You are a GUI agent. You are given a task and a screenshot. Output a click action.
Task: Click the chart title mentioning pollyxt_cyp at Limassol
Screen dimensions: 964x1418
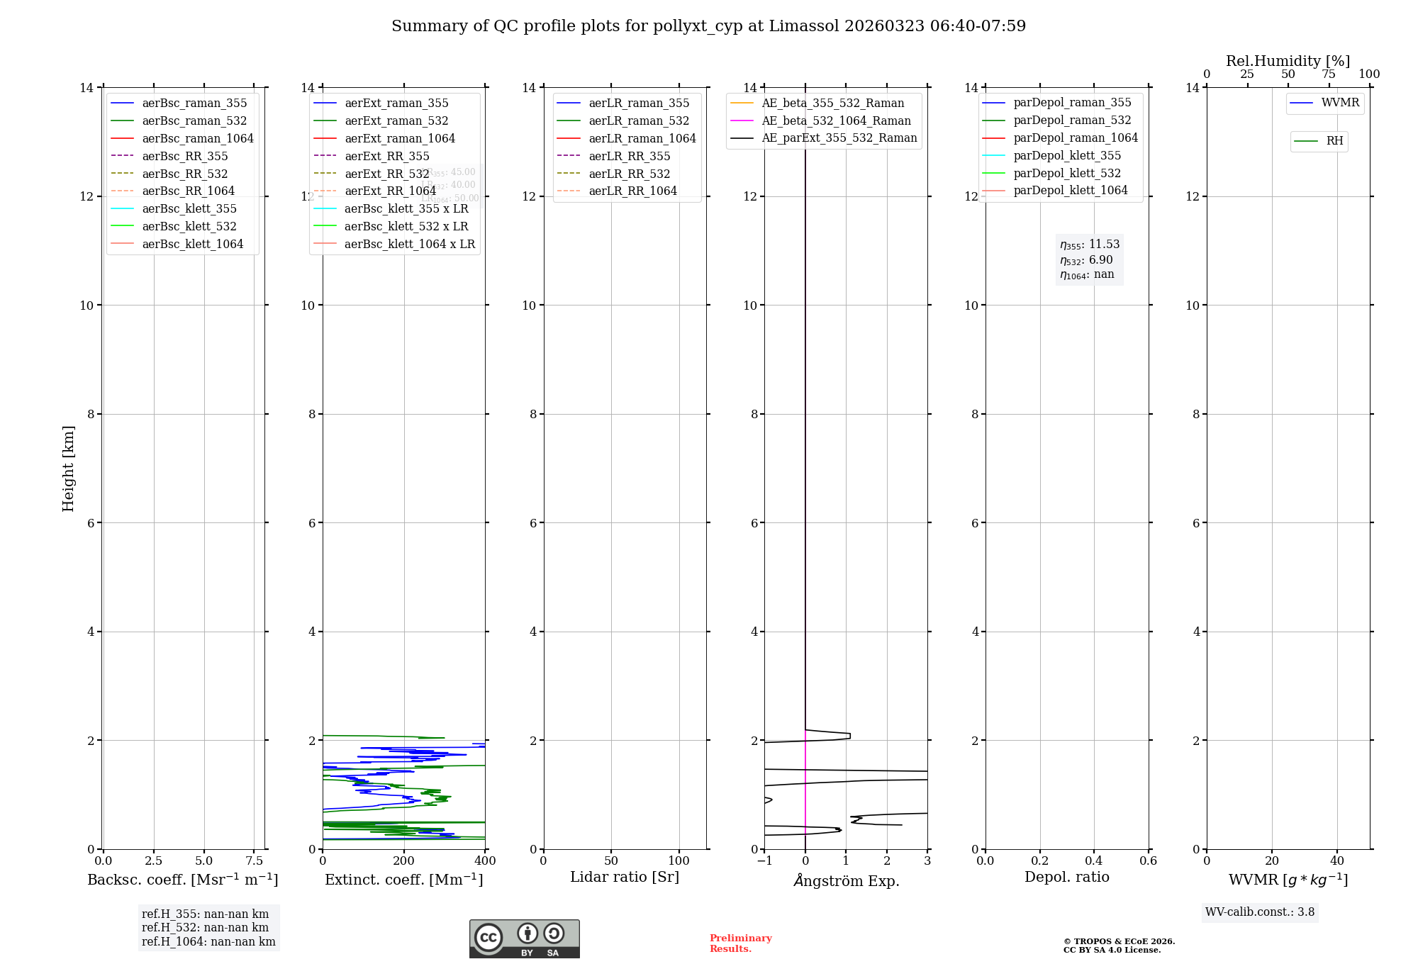pos(708,26)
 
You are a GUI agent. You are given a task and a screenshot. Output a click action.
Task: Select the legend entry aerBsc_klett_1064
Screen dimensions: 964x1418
pos(192,244)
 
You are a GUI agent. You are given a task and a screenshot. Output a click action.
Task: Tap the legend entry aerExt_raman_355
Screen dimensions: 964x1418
pos(396,103)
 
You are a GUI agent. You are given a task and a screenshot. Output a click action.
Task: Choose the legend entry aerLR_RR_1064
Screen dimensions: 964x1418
pos(632,191)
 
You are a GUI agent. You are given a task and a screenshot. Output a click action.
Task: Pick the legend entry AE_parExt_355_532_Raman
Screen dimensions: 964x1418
pos(839,138)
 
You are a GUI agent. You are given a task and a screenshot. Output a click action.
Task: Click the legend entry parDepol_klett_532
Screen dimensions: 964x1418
pos(1067,173)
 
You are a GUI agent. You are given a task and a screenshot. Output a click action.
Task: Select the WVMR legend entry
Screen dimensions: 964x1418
pos(1340,103)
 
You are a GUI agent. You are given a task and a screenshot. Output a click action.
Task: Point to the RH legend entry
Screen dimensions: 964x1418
pos(1334,141)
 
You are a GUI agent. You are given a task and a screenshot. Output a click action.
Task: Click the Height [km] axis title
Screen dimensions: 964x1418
pos(68,468)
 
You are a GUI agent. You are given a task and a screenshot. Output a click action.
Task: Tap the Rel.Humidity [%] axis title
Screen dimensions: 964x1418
pos(1288,61)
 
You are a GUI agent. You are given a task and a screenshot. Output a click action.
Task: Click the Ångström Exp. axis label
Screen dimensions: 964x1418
pos(846,881)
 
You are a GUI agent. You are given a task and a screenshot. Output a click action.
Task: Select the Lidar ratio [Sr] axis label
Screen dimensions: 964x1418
pos(625,877)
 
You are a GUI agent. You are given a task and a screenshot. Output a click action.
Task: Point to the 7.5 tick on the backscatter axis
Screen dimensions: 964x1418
pos(255,861)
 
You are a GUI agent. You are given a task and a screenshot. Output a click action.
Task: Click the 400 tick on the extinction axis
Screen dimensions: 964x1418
pos(485,861)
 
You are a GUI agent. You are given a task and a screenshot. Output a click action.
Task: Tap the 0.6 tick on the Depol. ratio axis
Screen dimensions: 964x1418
pos(1148,861)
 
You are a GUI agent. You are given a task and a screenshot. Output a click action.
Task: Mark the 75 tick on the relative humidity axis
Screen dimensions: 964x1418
pos(1329,74)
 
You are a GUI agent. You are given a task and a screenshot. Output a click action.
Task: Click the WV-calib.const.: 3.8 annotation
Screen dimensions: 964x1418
pos(1260,912)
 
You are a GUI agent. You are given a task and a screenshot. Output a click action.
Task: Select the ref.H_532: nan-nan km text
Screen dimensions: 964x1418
pos(205,928)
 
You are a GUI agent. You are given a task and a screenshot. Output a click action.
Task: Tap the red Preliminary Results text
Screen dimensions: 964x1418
pos(740,943)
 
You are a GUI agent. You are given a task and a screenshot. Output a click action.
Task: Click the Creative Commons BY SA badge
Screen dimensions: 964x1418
pos(524,938)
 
